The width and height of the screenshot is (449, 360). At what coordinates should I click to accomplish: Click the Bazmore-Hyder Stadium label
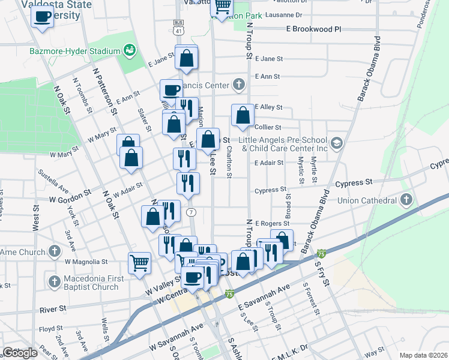click(75, 51)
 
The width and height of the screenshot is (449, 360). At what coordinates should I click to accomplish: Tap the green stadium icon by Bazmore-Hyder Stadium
click(128, 50)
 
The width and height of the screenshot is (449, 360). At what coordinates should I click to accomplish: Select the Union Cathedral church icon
click(406, 199)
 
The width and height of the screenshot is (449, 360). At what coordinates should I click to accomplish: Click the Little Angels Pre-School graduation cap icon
click(336, 143)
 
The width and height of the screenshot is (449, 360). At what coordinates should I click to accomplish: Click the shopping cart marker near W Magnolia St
click(139, 262)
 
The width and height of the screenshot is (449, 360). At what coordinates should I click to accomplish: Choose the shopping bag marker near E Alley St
click(243, 115)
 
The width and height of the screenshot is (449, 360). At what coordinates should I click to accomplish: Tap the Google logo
click(20, 353)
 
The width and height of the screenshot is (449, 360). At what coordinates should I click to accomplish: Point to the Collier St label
click(268, 127)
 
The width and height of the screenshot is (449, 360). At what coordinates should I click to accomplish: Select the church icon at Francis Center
click(239, 85)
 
